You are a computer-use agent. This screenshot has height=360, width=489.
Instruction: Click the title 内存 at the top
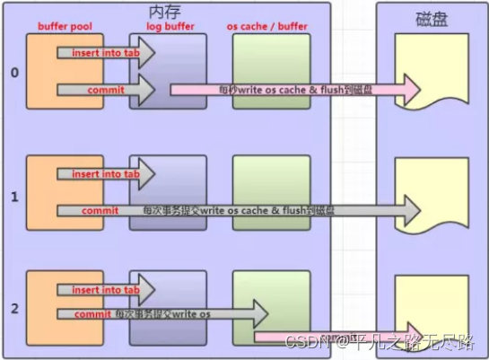click(165, 12)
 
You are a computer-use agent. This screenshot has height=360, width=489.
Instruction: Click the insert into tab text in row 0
click(105, 53)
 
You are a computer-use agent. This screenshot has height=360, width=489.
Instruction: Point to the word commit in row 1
click(100, 210)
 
